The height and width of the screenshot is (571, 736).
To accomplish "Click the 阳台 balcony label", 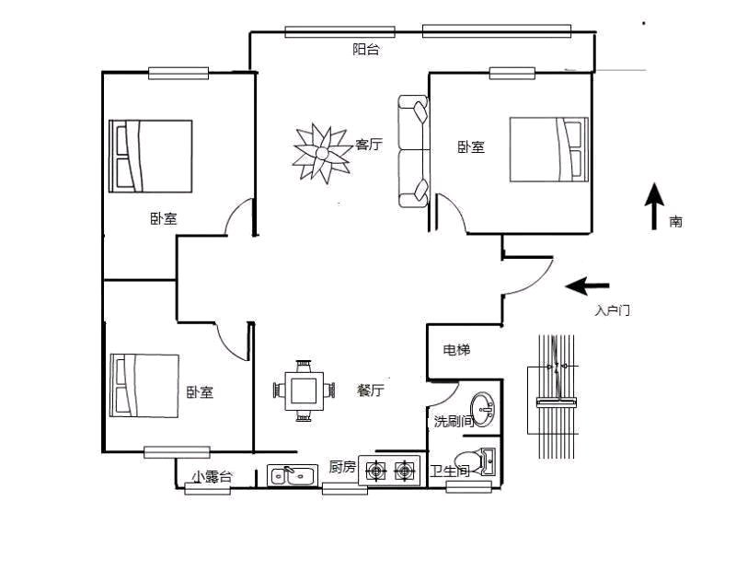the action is pyautogui.click(x=365, y=49).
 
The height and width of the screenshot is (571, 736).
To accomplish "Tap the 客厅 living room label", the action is pyautogui.click(x=369, y=145).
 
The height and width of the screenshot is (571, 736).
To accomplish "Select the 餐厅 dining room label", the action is pyautogui.click(x=371, y=390).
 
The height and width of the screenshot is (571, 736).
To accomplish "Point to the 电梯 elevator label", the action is pyautogui.click(x=456, y=350).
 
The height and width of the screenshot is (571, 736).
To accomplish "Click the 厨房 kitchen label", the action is pyautogui.click(x=342, y=467).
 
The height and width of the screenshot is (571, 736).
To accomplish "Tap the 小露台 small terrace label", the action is pyautogui.click(x=212, y=476).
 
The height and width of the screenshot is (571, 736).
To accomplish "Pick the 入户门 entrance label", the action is pyautogui.click(x=612, y=310).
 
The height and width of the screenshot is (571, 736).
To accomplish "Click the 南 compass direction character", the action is pyautogui.click(x=675, y=221).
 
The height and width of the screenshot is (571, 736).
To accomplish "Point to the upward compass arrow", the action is pyautogui.click(x=654, y=206).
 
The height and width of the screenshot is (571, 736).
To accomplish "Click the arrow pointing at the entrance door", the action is pyautogui.click(x=587, y=285).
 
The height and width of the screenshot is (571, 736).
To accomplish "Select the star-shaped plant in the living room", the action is pyautogui.click(x=322, y=153).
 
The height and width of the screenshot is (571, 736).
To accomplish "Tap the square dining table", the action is pyautogui.click(x=304, y=390).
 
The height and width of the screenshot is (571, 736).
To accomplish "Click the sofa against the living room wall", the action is pyautogui.click(x=413, y=151).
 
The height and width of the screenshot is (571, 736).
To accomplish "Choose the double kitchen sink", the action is pyautogui.click(x=293, y=475).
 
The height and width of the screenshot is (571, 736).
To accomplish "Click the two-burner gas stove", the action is pyautogui.click(x=389, y=470).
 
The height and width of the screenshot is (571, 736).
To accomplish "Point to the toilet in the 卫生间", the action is pyautogui.click(x=475, y=462).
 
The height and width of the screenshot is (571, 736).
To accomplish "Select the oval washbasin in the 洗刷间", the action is pyautogui.click(x=482, y=410).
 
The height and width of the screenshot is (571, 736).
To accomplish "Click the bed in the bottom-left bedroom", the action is pyautogui.click(x=144, y=386).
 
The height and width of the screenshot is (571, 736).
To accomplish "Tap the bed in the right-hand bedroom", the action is pyautogui.click(x=549, y=149).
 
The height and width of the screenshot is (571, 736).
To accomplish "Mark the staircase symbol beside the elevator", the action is pyautogui.click(x=556, y=397).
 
